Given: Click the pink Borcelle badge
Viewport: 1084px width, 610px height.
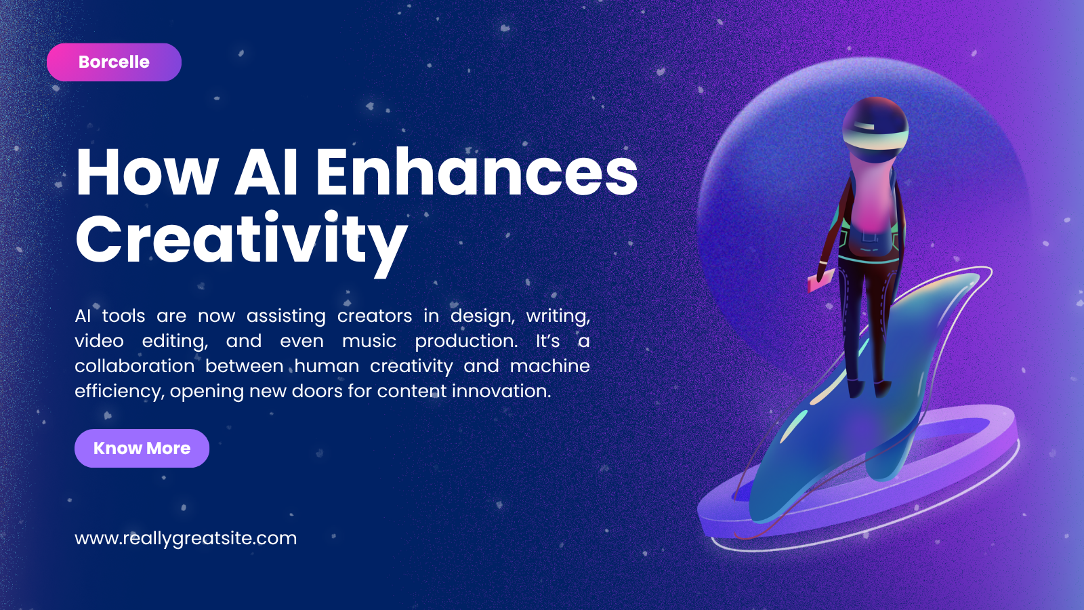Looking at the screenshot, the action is click(114, 62).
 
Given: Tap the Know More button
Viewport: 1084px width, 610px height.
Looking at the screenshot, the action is click(142, 448).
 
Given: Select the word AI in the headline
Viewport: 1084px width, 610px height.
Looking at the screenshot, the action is click(266, 172).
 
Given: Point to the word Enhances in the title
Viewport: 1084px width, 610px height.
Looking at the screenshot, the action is click(477, 172).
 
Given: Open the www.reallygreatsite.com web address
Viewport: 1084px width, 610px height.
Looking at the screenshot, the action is click(186, 538).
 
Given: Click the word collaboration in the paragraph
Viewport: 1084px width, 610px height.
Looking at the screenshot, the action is click(135, 366).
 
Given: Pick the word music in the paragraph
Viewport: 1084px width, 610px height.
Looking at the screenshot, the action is click(369, 341).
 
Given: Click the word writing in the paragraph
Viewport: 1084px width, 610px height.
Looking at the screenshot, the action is click(558, 316).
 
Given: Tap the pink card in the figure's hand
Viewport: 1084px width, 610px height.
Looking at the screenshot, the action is click(820, 281).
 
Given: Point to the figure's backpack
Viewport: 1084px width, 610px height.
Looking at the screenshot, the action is click(871, 237).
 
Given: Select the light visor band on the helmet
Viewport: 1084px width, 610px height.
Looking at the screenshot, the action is click(875, 136).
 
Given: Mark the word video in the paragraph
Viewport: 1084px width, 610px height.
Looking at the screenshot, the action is click(99, 341).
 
